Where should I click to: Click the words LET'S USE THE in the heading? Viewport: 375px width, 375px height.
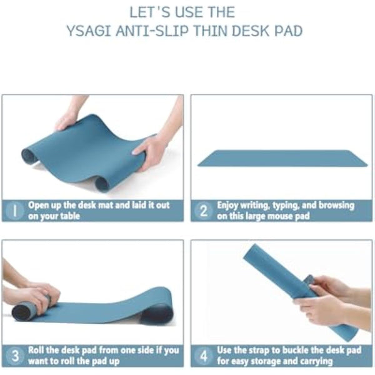coord(182,11)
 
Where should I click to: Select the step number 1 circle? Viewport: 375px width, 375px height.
coord(15,210)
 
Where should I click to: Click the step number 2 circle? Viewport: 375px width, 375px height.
coord(204,210)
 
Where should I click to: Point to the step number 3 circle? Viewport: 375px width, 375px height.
coord(15,355)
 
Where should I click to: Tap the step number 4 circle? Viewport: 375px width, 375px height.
coord(204,355)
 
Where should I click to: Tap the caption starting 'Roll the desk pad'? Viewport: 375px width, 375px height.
coord(103,355)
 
